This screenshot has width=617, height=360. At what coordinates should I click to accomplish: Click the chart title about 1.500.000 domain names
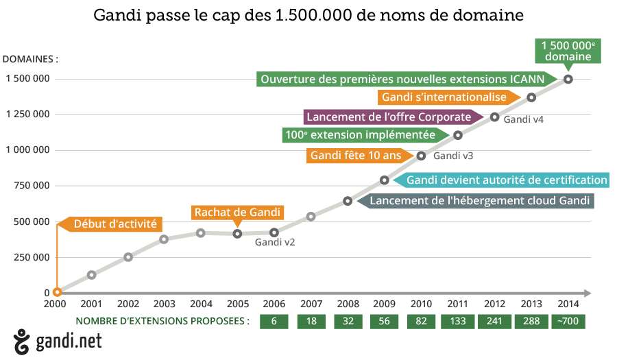click(x=308, y=16)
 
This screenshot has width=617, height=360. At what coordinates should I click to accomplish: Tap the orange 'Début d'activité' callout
click(x=114, y=224)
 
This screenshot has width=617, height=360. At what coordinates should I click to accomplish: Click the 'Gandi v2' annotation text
click(x=275, y=241)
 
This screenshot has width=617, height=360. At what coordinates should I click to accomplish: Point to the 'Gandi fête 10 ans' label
click(x=356, y=156)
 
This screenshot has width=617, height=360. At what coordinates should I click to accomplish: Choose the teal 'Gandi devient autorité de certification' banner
click(x=506, y=180)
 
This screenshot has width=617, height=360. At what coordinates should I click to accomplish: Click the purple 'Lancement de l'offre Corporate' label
click(x=389, y=117)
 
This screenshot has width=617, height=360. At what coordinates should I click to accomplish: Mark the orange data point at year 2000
click(x=57, y=292)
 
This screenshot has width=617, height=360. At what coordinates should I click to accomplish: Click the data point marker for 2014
click(x=568, y=79)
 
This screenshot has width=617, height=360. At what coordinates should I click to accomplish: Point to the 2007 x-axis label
click(x=311, y=304)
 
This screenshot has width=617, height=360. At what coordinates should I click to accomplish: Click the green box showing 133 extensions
click(x=458, y=321)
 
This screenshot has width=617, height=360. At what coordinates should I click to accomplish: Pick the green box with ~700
click(x=568, y=321)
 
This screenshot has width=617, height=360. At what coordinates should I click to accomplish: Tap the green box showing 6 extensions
click(x=274, y=321)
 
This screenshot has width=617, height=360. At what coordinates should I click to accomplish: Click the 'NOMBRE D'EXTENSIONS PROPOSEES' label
click(x=162, y=321)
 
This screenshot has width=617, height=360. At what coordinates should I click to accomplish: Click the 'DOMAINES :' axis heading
click(x=31, y=59)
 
